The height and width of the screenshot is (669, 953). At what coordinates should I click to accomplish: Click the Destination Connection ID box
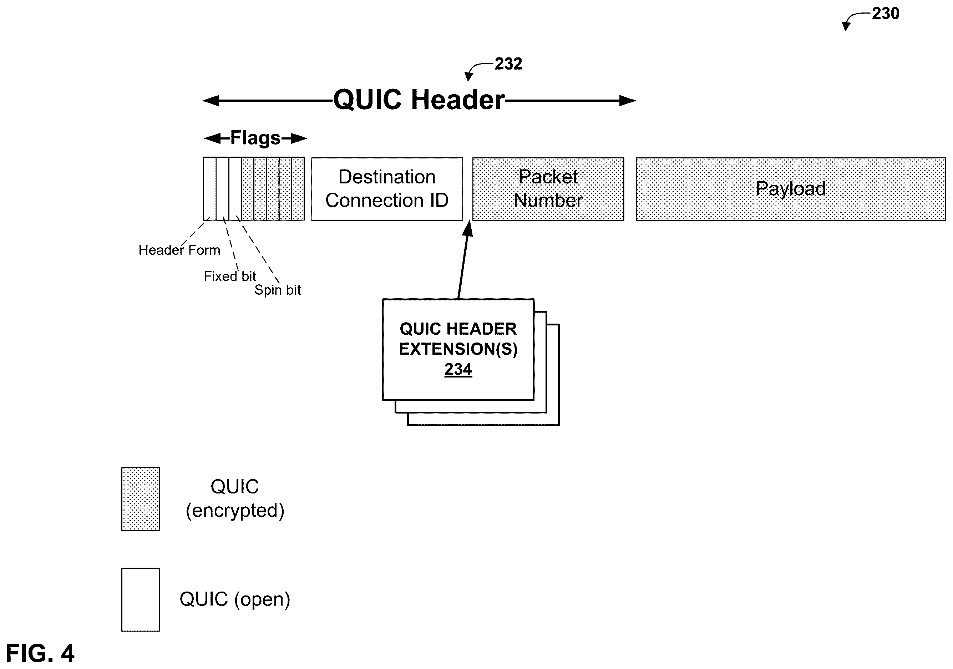(x=387, y=189)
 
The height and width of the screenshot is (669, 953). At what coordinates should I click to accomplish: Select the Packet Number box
(x=548, y=189)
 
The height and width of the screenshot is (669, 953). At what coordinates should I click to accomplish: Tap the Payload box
(x=791, y=189)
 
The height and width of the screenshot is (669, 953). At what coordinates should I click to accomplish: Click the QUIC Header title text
(x=419, y=100)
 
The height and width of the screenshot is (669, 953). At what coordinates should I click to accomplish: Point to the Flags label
(x=255, y=138)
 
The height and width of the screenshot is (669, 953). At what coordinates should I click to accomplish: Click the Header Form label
(x=179, y=250)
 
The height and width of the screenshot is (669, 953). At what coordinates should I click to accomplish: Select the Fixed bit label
(x=229, y=276)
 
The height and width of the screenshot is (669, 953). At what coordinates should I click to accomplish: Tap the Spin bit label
(x=277, y=290)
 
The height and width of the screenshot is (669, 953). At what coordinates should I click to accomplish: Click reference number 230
(x=885, y=14)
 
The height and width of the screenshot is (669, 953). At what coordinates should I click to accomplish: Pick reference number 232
(x=508, y=64)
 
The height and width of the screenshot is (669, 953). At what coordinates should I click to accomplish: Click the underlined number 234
(x=458, y=369)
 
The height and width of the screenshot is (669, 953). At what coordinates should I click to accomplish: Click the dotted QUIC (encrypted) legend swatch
(x=141, y=499)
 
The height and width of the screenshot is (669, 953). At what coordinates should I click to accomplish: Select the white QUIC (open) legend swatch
(x=141, y=599)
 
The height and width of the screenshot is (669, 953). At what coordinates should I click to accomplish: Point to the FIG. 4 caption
(x=40, y=653)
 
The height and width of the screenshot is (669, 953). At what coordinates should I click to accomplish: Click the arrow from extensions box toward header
(x=463, y=260)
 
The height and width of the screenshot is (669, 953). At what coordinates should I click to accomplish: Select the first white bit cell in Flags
(x=209, y=189)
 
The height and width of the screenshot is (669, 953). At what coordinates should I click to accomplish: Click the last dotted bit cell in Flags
(x=298, y=189)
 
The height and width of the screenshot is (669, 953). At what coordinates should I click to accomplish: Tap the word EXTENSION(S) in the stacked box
(x=458, y=349)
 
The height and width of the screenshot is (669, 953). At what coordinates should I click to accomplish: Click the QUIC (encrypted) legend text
(x=235, y=499)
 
